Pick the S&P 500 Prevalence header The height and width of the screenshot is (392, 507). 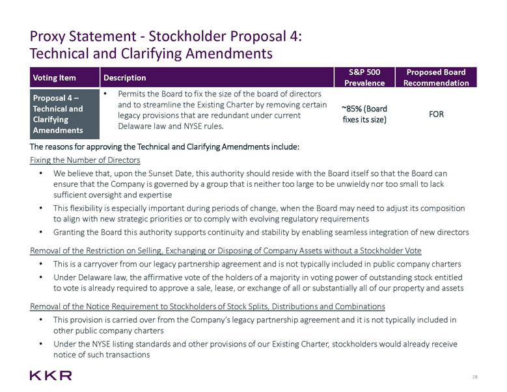click(x=364, y=77)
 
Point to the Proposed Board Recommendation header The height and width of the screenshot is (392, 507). click(x=436, y=77)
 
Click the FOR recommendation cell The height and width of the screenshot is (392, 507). click(x=436, y=114)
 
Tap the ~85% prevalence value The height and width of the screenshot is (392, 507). click(x=364, y=114)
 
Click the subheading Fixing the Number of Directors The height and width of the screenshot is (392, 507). click(x=85, y=160)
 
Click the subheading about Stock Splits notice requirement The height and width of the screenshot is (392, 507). click(x=208, y=306)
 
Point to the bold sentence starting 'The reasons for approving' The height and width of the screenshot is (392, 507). click(x=164, y=147)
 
